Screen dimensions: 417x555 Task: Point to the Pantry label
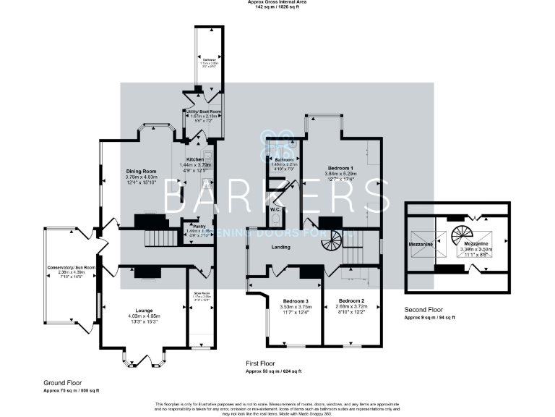coord(189,226)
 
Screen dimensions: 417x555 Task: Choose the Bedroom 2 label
coord(350,300)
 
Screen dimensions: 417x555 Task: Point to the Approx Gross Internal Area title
coord(277,2)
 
